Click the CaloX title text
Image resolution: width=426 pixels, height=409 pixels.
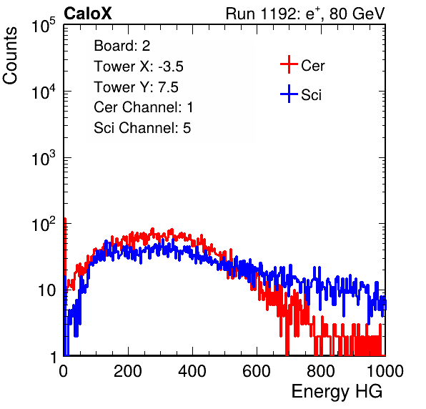tap(88, 14)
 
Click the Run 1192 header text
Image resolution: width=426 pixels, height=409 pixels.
tap(305, 14)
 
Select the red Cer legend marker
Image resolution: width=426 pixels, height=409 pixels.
tap(289, 64)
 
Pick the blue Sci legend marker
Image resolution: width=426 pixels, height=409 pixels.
tap(289, 94)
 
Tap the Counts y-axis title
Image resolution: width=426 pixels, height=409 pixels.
tap(10, 56)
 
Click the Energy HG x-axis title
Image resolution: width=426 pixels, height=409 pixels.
tap(337, 392)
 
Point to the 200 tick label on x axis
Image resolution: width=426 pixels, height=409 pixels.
tap(128, 371)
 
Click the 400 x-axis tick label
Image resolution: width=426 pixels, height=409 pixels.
tap(192, 371)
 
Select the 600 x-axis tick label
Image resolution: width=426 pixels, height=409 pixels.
tap(257, 371)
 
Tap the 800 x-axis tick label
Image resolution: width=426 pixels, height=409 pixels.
tap(321, 371)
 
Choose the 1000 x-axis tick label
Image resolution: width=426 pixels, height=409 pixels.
tap(385, 371)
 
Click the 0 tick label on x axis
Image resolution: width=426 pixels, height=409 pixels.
tap(63, 371)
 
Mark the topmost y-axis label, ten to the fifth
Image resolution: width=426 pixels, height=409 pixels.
tap(44, 25)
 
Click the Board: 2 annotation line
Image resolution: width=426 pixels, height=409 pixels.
tap(122, 46)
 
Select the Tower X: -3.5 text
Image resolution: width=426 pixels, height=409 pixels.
tap(139, 66)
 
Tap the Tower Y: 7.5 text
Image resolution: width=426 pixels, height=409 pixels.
tap(136, 87)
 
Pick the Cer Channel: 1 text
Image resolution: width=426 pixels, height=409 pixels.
tap(143, 107)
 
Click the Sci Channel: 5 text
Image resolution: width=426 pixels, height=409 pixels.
tap(142, 128)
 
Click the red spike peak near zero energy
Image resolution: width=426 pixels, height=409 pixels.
tap(65, 219)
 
